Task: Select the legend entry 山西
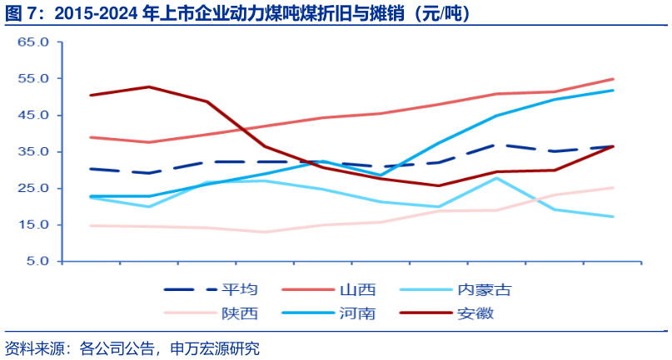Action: pyautogui.click(x=357, y=289)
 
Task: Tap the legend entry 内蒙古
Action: pyautogui.click(x=484, y=289)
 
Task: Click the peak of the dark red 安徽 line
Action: pyautogui.click(x=148, y=86)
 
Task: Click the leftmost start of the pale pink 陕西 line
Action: pyautogui.click(x=90, y=225)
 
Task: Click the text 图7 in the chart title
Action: pyautogui.click(x=20, y=13)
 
